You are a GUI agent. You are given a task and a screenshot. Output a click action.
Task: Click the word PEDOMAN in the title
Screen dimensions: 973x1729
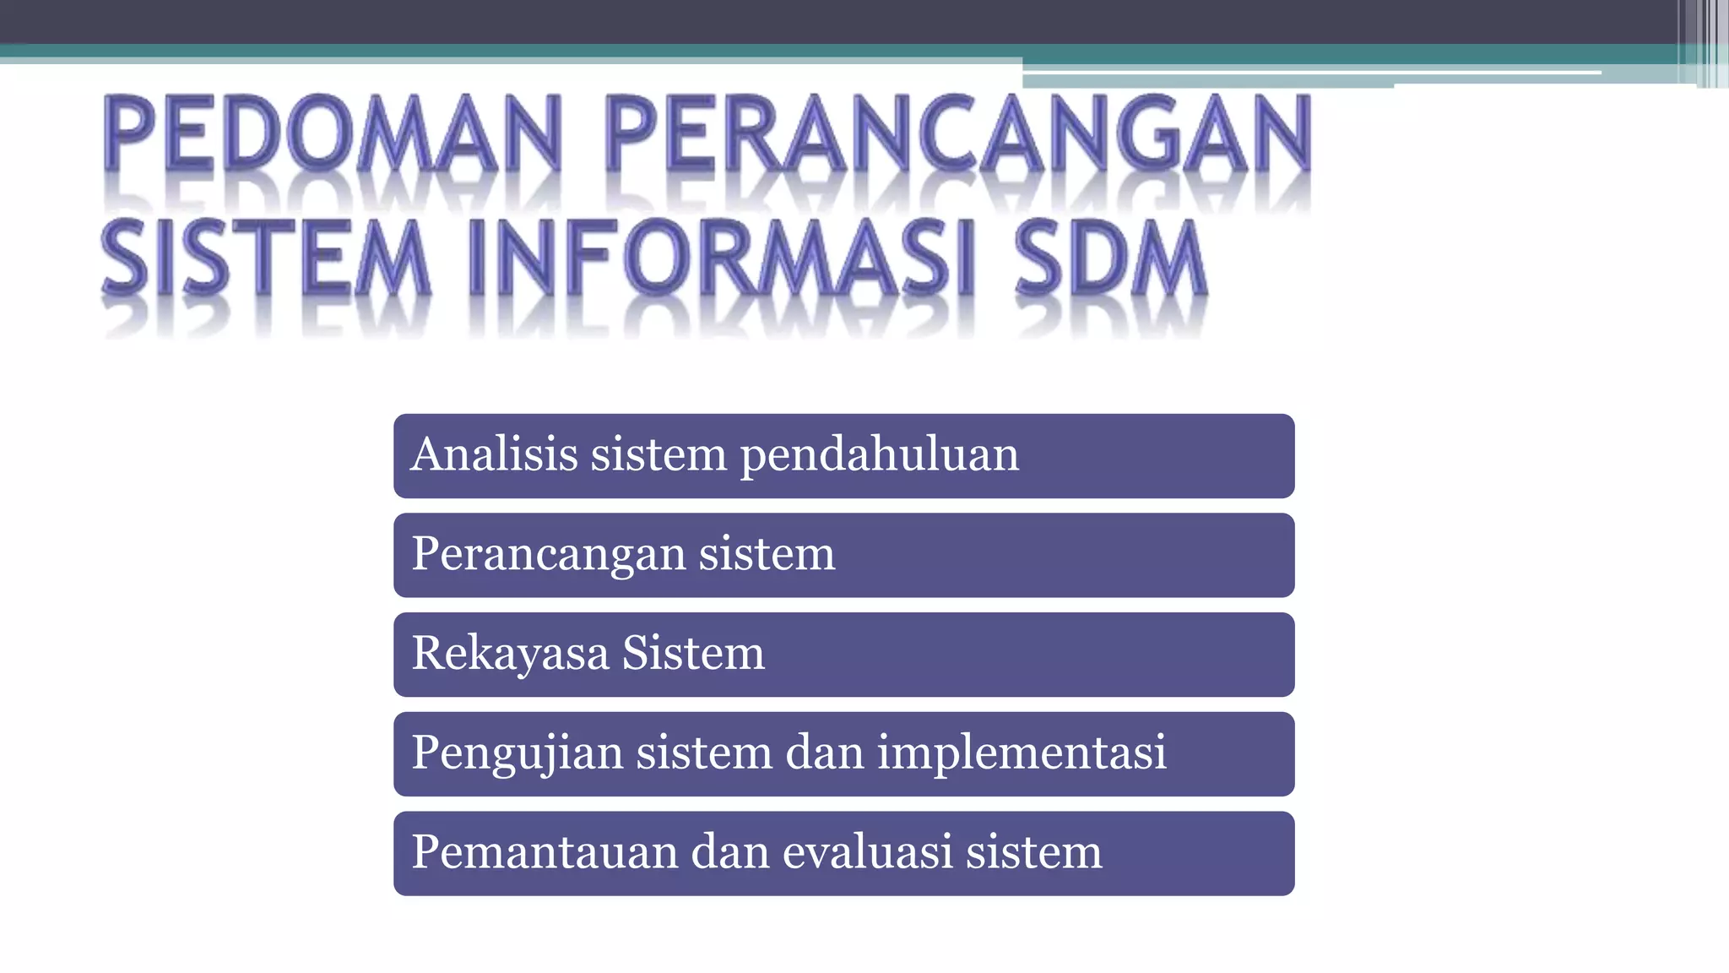coord(332,135)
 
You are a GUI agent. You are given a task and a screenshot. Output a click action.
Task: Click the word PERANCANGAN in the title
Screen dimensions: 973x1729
coord(958,135)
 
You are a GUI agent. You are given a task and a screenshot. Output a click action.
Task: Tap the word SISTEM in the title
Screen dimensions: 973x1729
coord(265,258)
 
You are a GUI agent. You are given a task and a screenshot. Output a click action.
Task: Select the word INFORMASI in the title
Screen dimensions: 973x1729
coord(722,258)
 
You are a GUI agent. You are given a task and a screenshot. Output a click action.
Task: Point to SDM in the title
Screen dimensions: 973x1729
coord(1110,258)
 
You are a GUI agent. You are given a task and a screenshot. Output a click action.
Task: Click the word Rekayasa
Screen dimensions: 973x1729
coord(510,654)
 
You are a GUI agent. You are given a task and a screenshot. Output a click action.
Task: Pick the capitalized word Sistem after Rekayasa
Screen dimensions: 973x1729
coord(693,653)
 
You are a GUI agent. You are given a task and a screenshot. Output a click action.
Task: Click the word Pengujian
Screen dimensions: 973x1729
coord(517,753)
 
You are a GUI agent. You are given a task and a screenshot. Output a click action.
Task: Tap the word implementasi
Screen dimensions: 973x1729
coord(1022,753)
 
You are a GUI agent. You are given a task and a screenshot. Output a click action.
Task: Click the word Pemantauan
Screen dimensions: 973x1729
coord(545,851)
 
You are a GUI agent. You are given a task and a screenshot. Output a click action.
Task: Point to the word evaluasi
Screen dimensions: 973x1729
coord(868,851)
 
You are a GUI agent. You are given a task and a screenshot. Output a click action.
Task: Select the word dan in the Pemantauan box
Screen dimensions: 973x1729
coord(730,851)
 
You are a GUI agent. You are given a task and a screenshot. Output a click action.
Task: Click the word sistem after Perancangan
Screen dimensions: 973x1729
coord(767,555)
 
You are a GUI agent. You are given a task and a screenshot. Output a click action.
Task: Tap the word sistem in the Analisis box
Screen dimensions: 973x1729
coord(659,454)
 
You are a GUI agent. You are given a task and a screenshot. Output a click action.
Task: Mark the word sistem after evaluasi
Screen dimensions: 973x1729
coord(1034,851)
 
